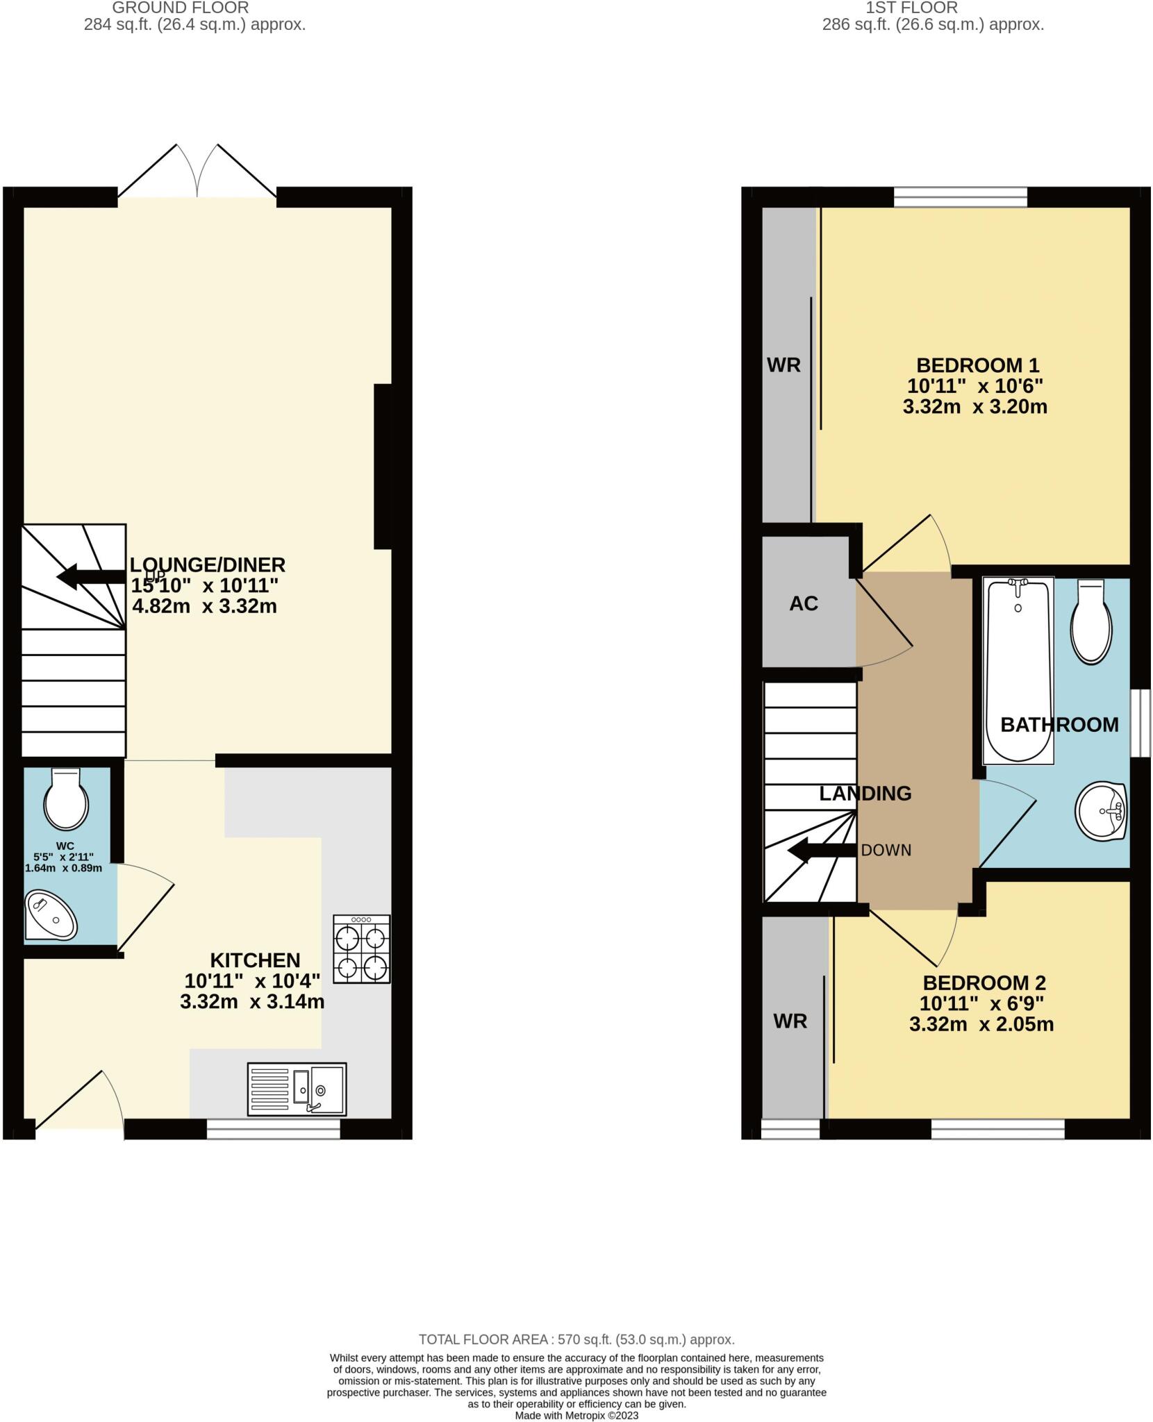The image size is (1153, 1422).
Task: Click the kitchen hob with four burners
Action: pos(361,948)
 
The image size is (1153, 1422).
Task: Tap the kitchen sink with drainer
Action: pos(297,1089)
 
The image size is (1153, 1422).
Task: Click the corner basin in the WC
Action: pos(50,914)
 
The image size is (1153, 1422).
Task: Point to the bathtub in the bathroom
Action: pos(1018,670)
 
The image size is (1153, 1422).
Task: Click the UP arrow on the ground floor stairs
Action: pos(90,577)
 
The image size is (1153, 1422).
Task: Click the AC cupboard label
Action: pos(804,603)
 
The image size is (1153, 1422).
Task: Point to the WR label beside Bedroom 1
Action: pos(783,365)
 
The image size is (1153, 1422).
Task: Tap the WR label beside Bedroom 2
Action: pos(790,1021)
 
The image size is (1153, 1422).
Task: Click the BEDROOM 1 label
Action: pos(977,365)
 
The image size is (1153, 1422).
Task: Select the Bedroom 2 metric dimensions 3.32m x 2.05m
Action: pos(981,1024)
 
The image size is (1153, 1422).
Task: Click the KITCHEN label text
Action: pos(255,960)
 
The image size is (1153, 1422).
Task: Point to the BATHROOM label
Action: pos(1059,725)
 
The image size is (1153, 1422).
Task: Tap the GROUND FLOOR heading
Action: pos(180,8)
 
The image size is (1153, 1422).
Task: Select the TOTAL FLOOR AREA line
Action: pos(576,1339)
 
